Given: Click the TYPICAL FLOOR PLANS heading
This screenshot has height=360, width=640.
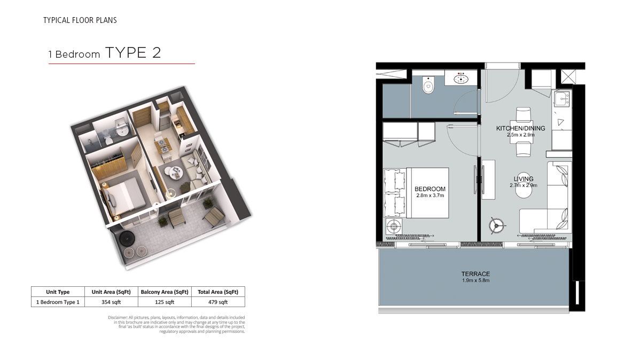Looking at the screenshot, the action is [80, 20].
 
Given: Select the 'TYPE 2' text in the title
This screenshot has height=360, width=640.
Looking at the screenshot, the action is [133, 53].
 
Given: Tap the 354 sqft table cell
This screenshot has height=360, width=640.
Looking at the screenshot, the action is [111, 302].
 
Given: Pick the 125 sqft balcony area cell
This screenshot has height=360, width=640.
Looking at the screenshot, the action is [165, 302].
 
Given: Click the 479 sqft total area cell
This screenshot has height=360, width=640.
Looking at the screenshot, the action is [218, 302].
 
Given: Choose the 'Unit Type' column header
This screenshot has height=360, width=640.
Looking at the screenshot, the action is [58, 292].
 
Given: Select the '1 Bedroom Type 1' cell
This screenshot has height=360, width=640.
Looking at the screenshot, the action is [58, 302].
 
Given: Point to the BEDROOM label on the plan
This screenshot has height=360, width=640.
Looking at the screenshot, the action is [430, 189].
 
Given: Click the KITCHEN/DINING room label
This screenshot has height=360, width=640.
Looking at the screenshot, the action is [520, 128].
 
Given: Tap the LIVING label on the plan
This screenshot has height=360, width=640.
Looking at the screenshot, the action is [523, 179].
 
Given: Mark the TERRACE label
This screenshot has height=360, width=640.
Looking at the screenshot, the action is [475, 274].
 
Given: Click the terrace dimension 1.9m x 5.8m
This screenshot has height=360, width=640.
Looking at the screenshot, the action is [475, 280].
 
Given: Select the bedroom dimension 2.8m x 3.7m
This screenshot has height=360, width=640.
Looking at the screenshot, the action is [430, 195].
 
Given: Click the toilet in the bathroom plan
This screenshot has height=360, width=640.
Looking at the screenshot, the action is [428, 85].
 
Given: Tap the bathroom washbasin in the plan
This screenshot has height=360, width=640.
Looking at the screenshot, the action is [461, 79].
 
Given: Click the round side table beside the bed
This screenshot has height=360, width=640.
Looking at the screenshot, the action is [394, 226].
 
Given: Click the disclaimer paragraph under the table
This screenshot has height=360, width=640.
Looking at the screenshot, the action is [176, 325].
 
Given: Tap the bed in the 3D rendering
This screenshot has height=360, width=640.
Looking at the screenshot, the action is [124, 197].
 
